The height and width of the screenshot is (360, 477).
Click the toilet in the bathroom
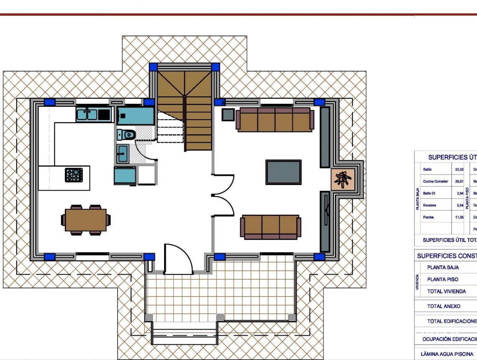(126, 134)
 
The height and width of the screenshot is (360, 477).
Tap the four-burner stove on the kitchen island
(74, 175)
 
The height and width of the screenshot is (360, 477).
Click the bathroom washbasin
(123, 153)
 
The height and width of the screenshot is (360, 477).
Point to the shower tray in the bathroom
(135, 115)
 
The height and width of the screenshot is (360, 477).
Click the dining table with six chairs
(86, 220)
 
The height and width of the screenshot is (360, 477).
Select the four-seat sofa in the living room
(275, 120)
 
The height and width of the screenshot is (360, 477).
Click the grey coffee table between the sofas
(283, 172)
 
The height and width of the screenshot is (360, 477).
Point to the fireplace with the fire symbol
(343, 180)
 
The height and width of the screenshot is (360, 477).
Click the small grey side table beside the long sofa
(228, 115)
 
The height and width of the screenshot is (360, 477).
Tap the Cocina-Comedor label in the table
(436, 182)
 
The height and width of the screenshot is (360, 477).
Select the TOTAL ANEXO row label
(444, 306)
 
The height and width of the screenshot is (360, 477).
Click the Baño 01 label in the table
(430, 193)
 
